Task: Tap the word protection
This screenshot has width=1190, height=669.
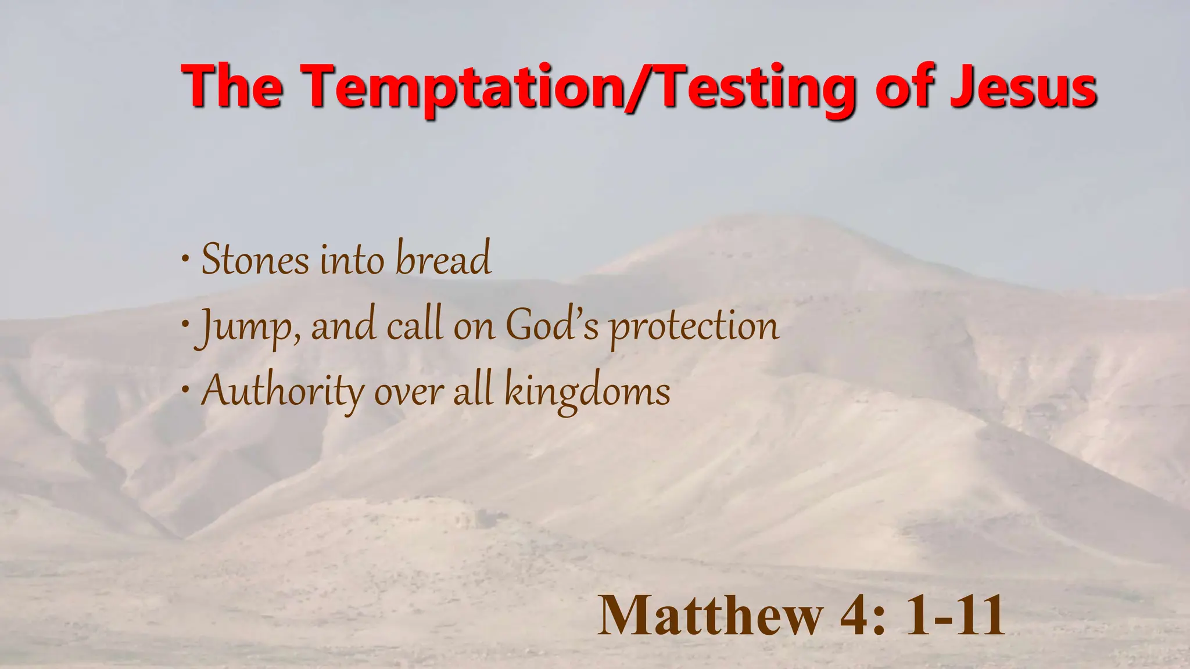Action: [694, 326]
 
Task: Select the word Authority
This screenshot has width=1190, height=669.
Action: [282, 391]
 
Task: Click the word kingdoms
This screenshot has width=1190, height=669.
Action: [587, 391]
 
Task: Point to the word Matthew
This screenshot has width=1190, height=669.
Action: [710, 616]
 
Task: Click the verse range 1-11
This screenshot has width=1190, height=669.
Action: [955, 616]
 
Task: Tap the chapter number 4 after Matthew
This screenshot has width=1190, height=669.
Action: [854, 616]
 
